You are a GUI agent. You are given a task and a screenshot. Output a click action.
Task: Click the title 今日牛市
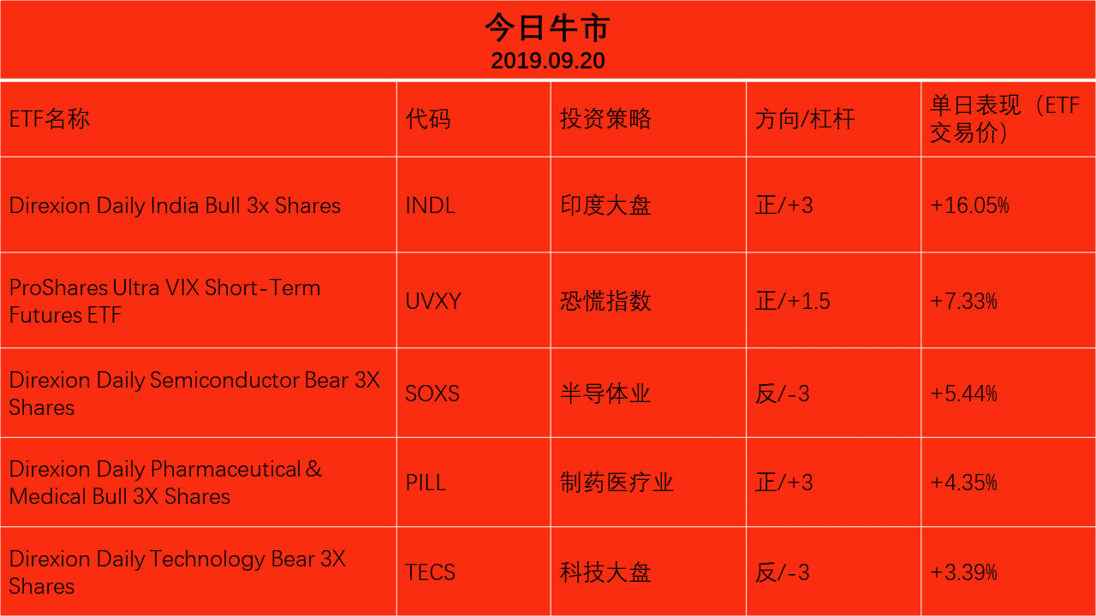[547, 27]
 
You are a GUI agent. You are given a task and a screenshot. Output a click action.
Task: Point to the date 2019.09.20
[548, 61]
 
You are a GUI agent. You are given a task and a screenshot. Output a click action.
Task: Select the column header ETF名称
[50, 119]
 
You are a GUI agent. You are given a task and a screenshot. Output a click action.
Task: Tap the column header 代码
[428, 119]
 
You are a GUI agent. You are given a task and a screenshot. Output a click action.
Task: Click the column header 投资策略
[605, 119]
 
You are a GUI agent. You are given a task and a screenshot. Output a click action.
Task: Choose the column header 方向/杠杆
[805, 119]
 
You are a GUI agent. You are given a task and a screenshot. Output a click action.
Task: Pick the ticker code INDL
[431, 205]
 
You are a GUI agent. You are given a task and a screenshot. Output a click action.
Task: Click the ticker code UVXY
[433, 301]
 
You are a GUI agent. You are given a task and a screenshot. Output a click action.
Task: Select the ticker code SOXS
[432, 394]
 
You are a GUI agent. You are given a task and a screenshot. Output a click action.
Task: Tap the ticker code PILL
[426, 483]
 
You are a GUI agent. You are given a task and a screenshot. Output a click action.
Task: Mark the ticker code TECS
[431, 572]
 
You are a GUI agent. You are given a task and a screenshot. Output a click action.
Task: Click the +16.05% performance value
[969, 205]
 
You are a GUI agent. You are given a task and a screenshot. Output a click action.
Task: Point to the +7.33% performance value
[963, 301]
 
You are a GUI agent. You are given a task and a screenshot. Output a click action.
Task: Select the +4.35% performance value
[963, 483]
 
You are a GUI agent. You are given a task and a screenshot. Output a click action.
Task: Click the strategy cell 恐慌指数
[605, 301]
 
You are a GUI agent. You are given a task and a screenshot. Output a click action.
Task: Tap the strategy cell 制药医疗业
[617, 483]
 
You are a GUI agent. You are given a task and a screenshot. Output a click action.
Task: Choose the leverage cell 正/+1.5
[793, 301]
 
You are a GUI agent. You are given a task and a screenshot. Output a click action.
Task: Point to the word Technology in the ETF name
[207, 560]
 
